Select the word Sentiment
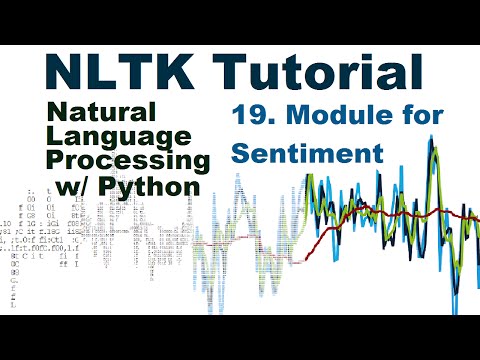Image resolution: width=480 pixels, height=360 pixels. click(x=295, y=155)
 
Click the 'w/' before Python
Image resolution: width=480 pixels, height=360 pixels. click(x=79, y=185)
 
